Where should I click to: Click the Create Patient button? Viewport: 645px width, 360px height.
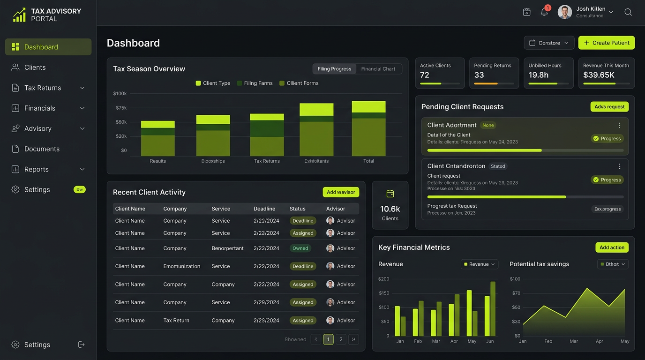click(606, 43)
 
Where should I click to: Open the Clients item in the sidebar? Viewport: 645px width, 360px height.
click(35, 67)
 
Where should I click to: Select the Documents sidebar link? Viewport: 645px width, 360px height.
click(42, 149)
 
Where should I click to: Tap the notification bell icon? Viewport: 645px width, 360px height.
click(544, 12)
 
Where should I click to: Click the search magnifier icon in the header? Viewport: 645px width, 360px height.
click(628, 12)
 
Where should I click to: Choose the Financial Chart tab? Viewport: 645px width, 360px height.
click(378, 69)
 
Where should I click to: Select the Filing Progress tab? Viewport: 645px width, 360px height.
click(334, 69)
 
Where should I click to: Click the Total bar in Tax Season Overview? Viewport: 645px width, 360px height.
click(368, 128)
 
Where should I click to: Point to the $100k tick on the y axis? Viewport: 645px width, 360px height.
click(120, 94)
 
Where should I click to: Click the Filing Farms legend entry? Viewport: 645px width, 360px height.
click(258, 83)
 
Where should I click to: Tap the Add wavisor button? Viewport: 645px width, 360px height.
click(341, 192)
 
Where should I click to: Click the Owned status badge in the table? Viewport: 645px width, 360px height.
click(300, 248)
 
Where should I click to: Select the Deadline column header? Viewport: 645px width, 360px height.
click(264, 209)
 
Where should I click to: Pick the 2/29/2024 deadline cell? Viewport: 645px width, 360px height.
click(266, 303)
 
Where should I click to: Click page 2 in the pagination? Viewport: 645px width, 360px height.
click(341, 339)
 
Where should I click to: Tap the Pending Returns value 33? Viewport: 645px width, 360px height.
click(479, 75)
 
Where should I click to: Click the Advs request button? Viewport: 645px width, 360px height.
click(609, 107)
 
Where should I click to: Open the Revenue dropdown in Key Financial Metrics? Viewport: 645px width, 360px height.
click(479, 264)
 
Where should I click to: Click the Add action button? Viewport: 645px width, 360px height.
click(612, 247)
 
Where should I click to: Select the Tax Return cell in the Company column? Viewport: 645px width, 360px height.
click(176, 321)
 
